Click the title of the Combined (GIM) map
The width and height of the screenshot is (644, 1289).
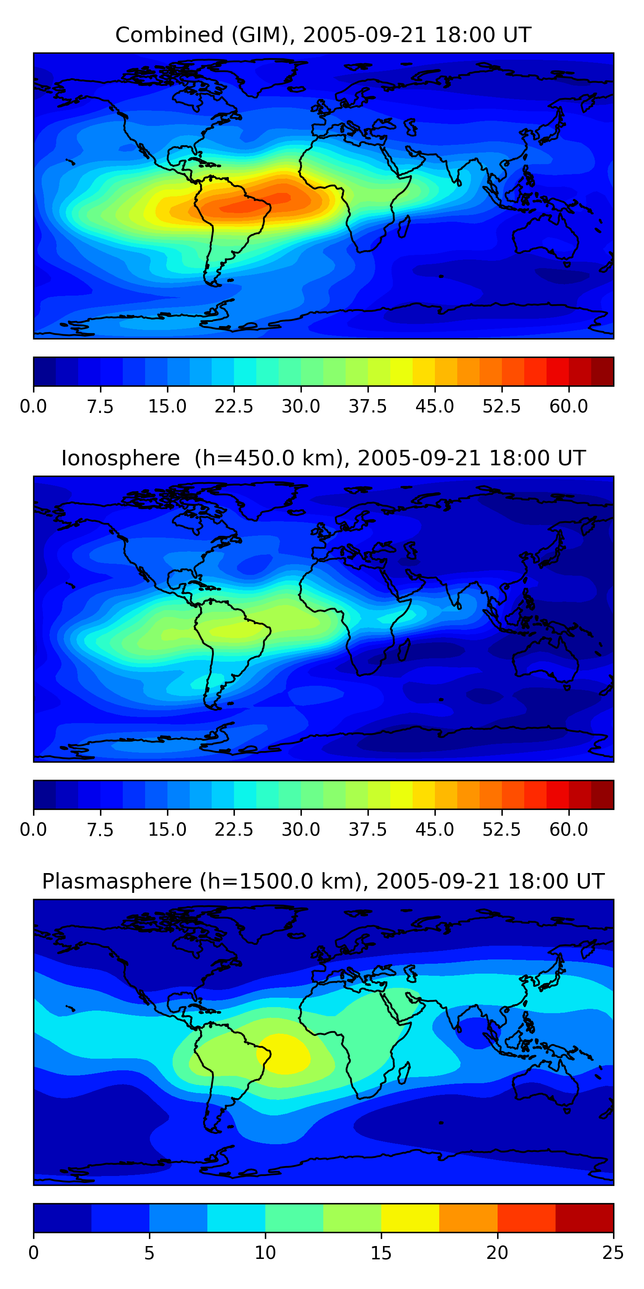(x=323, y=35)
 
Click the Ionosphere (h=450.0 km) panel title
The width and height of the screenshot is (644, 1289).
(x=323, y=458)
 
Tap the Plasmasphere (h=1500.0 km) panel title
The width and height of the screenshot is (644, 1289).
(x=323, y=881)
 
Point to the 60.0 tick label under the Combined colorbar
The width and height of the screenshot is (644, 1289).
(x=568, y=406)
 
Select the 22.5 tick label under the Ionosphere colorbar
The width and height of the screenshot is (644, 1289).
(x=234, y=830)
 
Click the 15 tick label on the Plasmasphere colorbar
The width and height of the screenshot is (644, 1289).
(x=381, y=1253)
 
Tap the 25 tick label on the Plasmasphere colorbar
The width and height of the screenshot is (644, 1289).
(x=613, y=1253)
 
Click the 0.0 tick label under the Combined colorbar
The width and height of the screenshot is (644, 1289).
(x=33, y=406)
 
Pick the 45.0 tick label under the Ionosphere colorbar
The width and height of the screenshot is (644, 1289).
(x=434, y=830)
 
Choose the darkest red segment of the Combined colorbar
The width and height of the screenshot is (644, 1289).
(x=602, y=372)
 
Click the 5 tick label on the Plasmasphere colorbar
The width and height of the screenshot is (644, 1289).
(x=149, y=1253)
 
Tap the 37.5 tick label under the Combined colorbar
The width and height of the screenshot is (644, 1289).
(x=368, y=406)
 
